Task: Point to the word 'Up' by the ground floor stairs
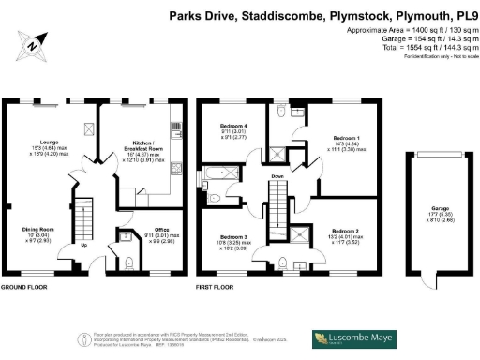(85, 247)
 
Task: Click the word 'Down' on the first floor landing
(277, 176)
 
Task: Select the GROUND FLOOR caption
(24, 287)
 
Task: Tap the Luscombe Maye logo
(360, 337)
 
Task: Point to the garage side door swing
(430, 279)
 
